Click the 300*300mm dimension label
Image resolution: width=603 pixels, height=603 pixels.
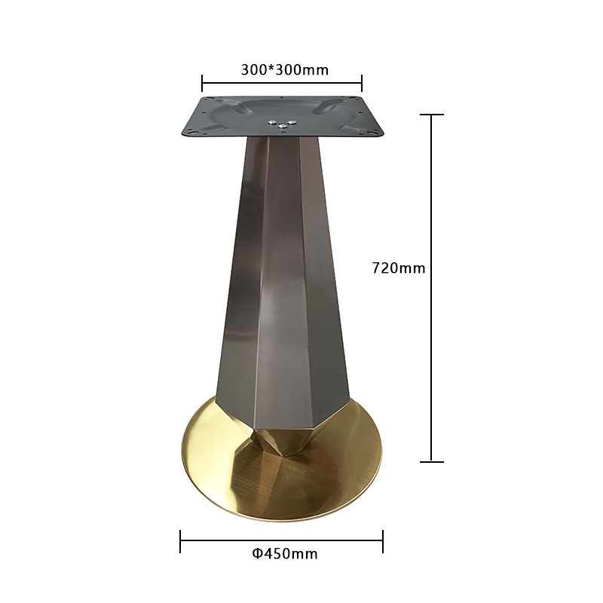285,70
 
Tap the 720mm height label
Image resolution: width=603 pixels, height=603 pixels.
399,268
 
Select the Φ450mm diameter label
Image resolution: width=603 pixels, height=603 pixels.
285,554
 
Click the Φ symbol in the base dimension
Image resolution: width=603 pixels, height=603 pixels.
257,554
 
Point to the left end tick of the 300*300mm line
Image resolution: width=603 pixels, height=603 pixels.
202,83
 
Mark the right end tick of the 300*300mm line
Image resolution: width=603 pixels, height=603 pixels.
362,83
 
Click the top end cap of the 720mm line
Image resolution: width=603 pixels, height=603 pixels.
431,115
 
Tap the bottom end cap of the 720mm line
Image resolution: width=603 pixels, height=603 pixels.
431,461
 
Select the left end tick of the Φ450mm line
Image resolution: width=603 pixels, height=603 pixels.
180,541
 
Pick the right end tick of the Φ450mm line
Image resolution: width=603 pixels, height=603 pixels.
383,541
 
